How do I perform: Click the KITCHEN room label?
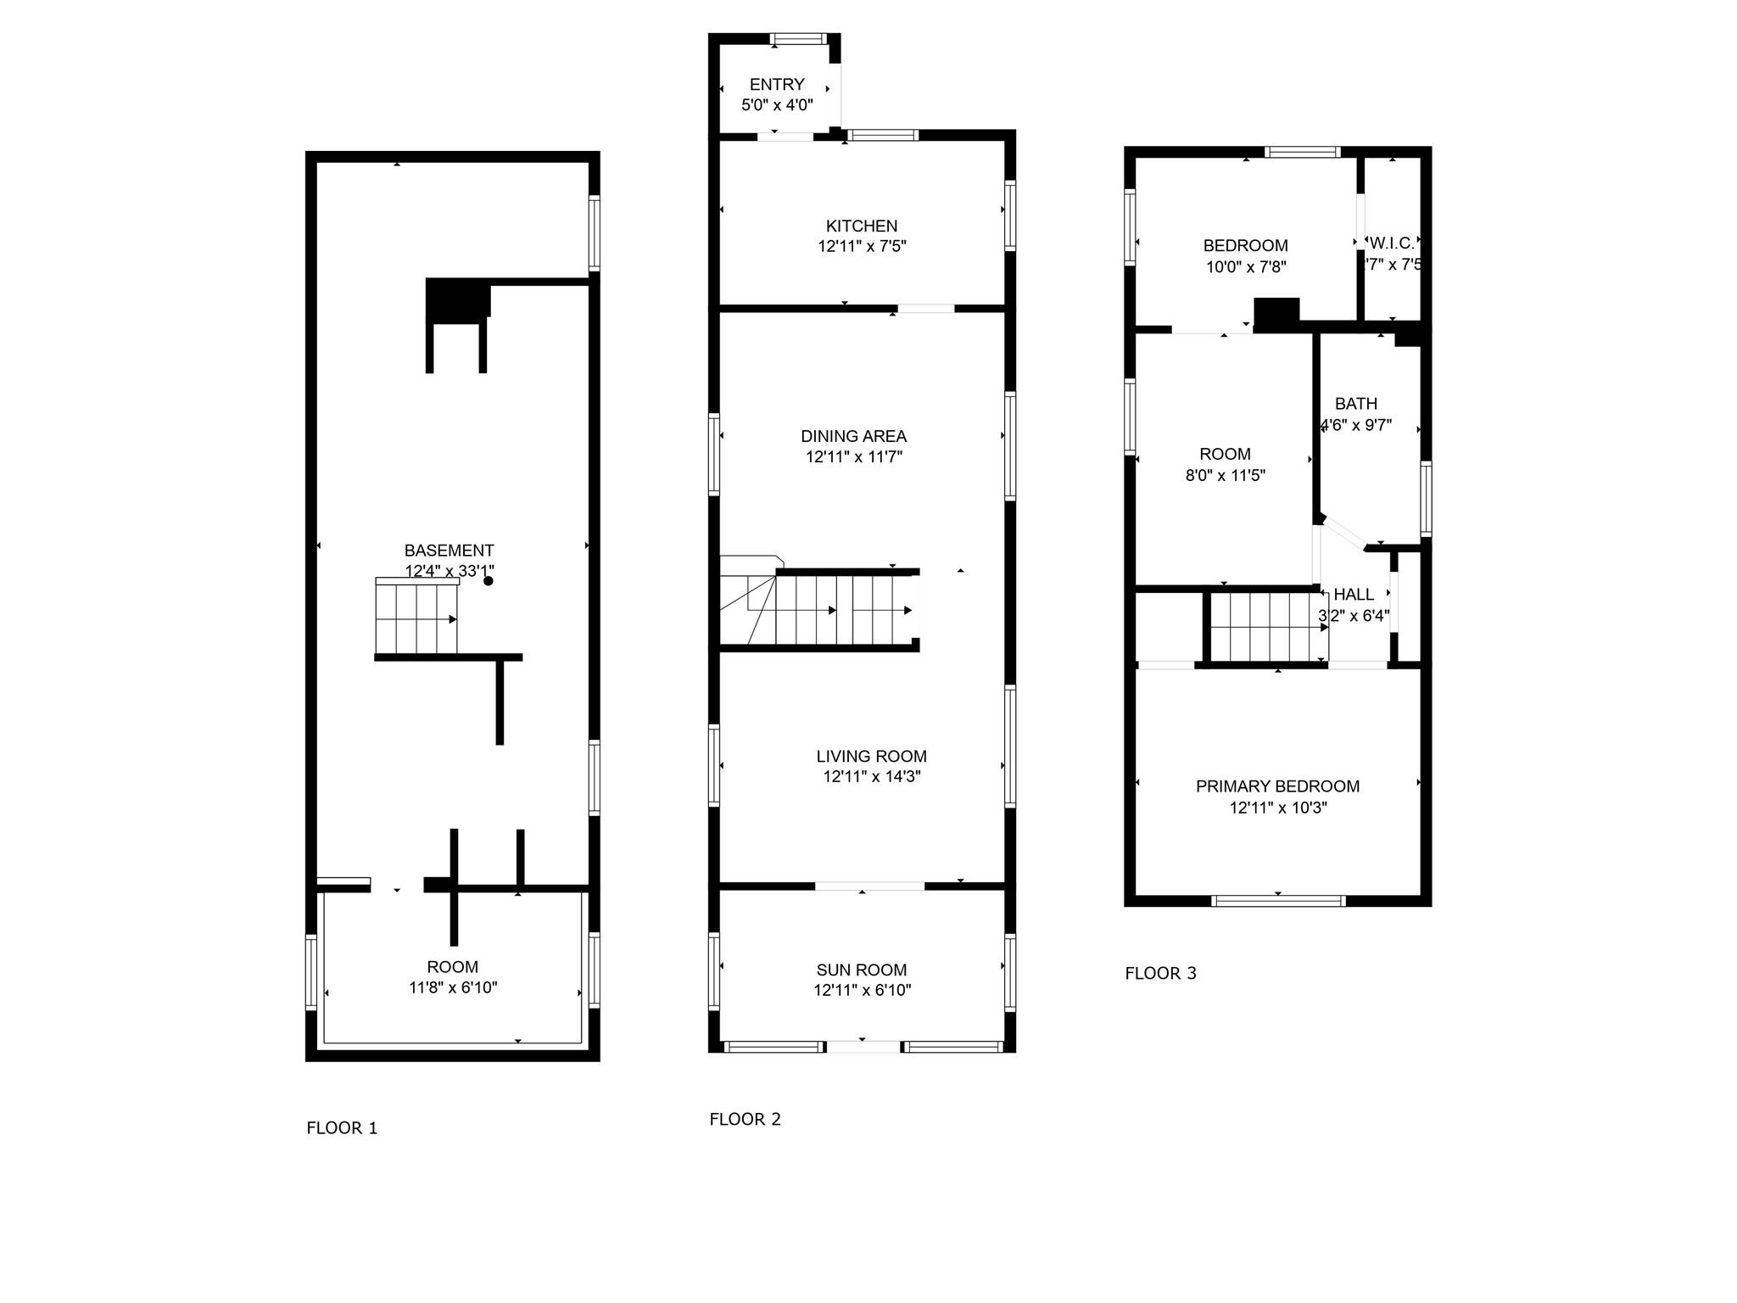pyautogui.click(x=862, y=226)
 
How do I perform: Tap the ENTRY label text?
pyautogui.click(x=777, y=85)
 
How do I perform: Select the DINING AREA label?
pyautogui.click(x=853, y=436)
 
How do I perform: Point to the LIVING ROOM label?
pyautogui.click(x=871, y=756)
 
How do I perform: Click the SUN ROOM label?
pyautogui.click(x=862, y=970)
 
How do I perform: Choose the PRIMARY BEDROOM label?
pyautogui.click(x=1277, y=786)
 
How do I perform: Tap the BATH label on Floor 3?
pyautogui.click(x=1355, y=404)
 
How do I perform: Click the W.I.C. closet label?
pyautogui.click(x=1392, y=243)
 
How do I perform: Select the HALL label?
pyautogui.click(x=1354, y=595)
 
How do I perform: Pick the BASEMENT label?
pyautogui.click(x=449, y=551)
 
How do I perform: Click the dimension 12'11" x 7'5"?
pyautogui.click(x=862, y=247)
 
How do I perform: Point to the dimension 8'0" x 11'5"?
pyautogui.click(x=1225, y=476)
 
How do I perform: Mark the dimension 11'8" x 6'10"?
pyautogui.click(x=452, y=987)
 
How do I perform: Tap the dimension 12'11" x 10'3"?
pyautogui.click(x=1277, y=808)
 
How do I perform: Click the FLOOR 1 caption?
pyautogui.click(x=342, y=1128)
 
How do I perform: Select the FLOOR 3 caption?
pyautogui.click(x=1160, y=974)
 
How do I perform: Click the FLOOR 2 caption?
pyautogui.click(x=745, y=1120)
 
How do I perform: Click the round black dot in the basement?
pyautogui.click(x=489, y=581)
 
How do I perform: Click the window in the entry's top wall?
pyautogui.click(x=798, y=38)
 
